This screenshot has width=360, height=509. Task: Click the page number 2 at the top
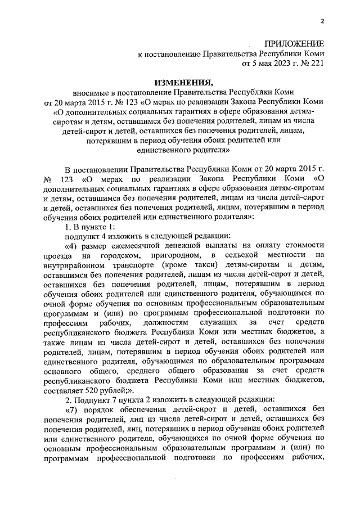tap(323, 22)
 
